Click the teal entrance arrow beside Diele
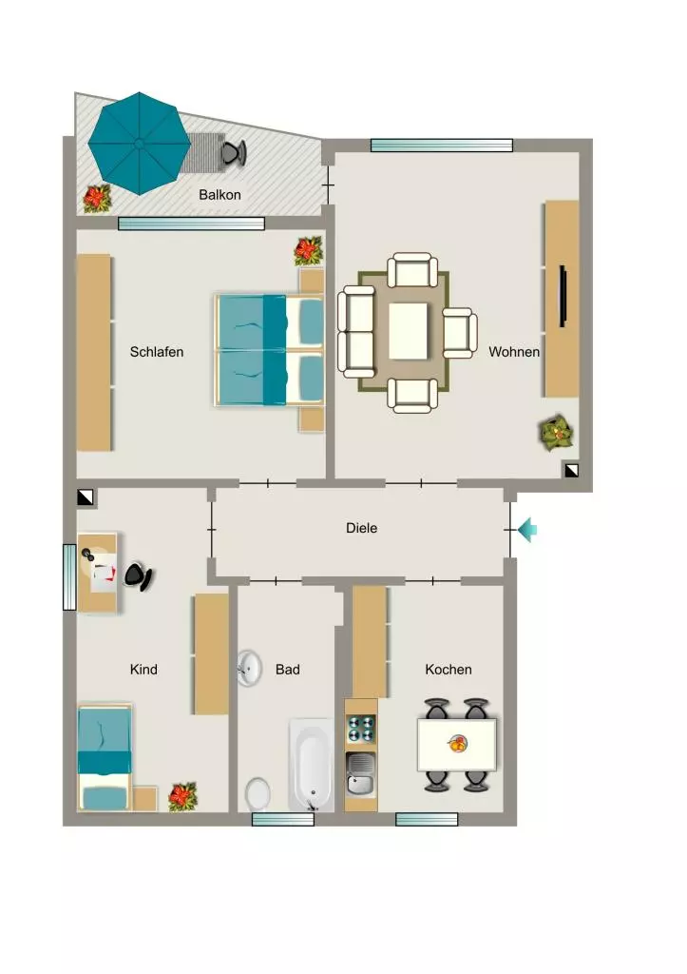click(527, 530)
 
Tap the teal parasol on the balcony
click(139, 144)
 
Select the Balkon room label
click(219, 194)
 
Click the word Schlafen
click(157, 352)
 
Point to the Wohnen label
click(514, 352)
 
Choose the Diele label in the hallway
click(361, 528)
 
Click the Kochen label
click(448, 669)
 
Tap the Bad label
click(287, 669)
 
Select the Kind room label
click(143, 669)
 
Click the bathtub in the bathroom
click(311, 766)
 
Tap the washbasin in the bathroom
click(249, 669)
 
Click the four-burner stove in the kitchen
click(360, 730)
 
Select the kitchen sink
click(360, 773)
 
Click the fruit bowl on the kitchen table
click(458, 743)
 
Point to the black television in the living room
click(563, 296)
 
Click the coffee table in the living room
click(408, 331)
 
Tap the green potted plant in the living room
click(556, 432)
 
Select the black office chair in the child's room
click(139, 577)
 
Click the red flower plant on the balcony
click(97, 199)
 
